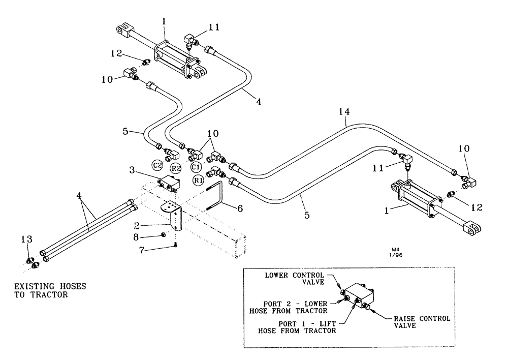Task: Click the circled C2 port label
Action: (158, 164)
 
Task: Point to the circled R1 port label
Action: (198, 181)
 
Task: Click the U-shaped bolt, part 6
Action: (216, 196)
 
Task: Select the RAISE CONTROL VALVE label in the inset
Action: (421, 322)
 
